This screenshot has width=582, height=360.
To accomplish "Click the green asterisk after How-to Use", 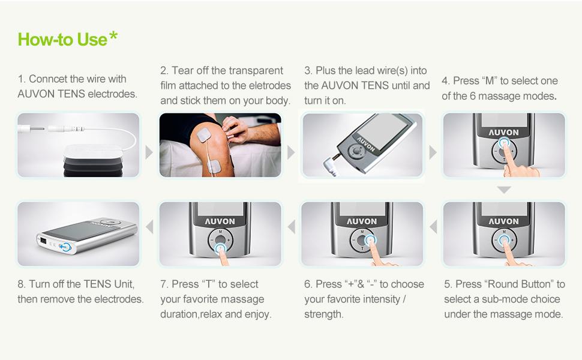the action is (x=113, y=37).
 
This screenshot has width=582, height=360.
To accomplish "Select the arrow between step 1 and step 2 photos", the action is (x=149, y=152).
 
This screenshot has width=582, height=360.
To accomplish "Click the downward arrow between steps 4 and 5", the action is (x=503, y=190).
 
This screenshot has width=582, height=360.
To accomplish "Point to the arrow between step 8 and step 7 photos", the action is (x=149, y=226).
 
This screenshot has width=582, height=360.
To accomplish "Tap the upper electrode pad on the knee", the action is (x=204, y=134).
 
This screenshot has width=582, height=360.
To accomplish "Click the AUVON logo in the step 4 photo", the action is (x=503, y=133).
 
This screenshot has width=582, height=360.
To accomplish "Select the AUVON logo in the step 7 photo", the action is (x=220, y=221).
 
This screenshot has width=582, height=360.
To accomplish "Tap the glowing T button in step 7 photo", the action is (x=220, y=248).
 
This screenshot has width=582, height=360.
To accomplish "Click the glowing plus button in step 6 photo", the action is (x=370, y=240).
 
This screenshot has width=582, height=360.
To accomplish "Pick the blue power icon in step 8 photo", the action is (x=65, y=247).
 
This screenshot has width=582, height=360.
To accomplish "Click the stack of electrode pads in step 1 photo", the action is (x=93, y=160).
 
